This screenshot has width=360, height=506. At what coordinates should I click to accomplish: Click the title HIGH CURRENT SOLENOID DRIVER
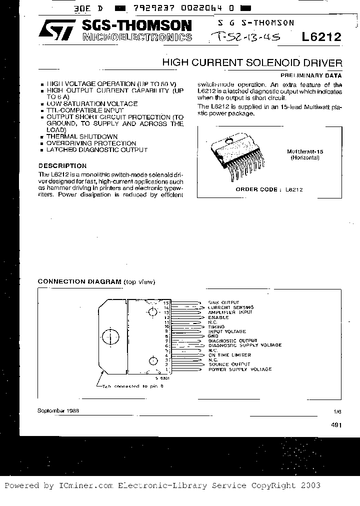252,63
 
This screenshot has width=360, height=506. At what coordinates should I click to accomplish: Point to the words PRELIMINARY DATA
315,75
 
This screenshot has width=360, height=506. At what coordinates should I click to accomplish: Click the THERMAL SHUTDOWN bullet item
82,136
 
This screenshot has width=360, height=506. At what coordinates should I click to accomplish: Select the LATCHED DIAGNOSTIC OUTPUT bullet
96,150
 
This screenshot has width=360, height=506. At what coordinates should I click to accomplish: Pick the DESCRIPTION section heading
62,165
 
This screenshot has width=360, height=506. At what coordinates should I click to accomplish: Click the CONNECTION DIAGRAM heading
80,281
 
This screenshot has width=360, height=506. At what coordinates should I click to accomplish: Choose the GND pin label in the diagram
212,336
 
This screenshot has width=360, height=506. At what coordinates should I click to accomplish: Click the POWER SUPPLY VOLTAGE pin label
239,369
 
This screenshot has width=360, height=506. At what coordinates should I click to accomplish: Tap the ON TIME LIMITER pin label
229,355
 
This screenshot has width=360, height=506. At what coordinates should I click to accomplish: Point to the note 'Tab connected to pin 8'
131,386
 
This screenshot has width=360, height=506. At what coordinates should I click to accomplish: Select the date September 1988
58,410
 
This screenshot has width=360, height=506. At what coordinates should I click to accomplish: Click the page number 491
336,424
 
